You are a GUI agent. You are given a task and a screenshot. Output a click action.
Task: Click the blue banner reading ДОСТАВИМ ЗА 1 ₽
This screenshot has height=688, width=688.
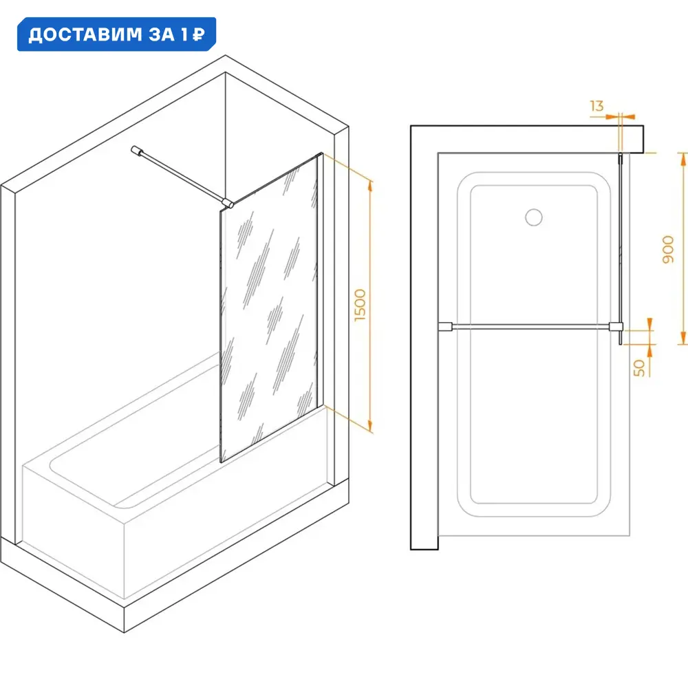coord(116,34)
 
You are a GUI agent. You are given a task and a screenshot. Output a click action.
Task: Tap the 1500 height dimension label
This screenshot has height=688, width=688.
coord(360,305)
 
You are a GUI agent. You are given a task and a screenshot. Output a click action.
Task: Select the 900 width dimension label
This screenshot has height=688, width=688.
coord(668,249)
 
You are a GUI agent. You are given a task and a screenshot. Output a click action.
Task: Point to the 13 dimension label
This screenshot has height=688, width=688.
coord(596,106)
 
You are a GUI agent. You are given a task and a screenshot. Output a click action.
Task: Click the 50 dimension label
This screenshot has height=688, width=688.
coord(640,367)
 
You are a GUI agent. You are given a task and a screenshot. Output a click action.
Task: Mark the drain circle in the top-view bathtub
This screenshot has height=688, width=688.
coord(534,217)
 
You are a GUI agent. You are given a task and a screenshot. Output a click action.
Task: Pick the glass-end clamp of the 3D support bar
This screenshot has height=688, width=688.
coord(227,202)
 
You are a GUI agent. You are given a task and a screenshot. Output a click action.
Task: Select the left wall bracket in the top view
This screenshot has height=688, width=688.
coord(445,326)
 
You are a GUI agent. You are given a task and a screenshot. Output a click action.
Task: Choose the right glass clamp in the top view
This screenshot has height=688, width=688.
coord(616,326)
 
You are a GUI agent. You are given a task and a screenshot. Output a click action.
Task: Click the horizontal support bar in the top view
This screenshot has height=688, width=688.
coord(530,326)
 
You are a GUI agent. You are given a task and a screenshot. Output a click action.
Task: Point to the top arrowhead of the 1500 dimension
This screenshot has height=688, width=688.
coord(370,186)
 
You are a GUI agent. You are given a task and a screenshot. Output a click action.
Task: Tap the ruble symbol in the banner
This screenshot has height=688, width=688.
coord(199,34)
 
